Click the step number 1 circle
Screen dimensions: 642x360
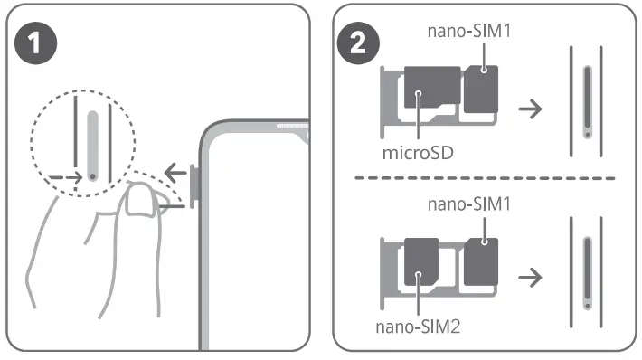(35, 43)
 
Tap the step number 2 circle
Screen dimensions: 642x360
(358, 43)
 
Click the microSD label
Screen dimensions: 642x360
(418, 153)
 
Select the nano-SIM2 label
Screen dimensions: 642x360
(418, 327)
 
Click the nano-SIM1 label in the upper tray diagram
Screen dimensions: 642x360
(469, 31)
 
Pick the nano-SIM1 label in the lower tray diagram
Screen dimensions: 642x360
(469, 204)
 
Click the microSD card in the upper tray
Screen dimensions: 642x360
(432, 87)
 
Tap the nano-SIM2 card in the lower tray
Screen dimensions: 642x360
(421, 261)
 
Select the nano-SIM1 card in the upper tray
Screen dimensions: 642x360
(481, 89)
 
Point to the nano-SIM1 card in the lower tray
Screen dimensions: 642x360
(481, 261)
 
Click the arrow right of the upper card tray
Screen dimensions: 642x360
(530, 109)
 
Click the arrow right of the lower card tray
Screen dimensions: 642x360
(530, 278)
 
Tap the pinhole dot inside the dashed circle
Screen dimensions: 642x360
(93, 177)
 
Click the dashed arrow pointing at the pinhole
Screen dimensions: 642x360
(65, 178)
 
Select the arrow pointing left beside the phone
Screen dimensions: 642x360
(175, 173)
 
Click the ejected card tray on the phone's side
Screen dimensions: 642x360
(194, 184)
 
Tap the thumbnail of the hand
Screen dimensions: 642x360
(140, 200)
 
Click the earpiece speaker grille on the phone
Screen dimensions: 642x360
(292, 126)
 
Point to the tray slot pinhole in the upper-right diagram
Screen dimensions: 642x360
(588, 135)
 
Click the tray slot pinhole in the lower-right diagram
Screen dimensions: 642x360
(588, 306)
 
